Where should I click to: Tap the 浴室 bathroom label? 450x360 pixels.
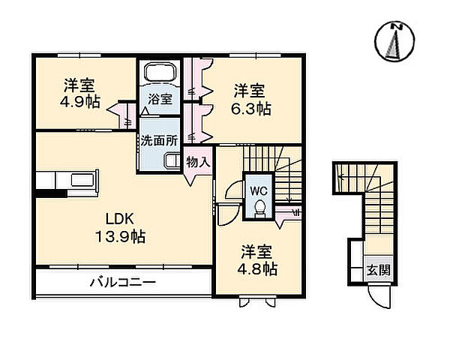pyautogui.click(x=158, y=99)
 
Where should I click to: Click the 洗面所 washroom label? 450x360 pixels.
pyautogui.click(x=158, y=139)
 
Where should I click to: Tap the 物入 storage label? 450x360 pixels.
pyautogui.click(x=199, y=162)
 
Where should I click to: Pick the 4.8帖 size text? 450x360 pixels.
pyautogui.click(x=259, y=268)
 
